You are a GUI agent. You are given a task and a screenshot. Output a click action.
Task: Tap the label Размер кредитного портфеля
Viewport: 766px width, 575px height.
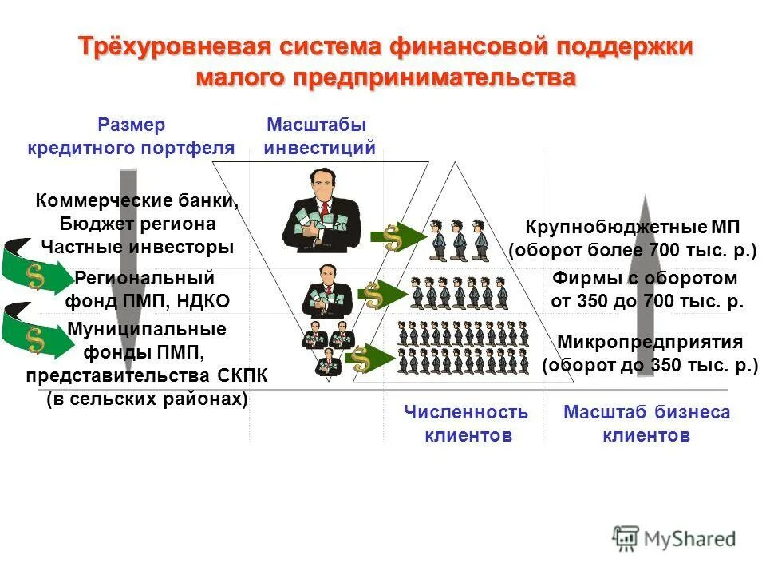coord(132,137)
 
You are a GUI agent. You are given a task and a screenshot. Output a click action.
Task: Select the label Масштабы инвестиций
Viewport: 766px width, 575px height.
coord(318,137)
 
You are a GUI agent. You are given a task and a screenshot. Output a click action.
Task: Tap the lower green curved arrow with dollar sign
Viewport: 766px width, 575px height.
coord(36,334)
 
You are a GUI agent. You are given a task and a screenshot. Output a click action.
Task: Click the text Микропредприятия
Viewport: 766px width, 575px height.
coord(650,343)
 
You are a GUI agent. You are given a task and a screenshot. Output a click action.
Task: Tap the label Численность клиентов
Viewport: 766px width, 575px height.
coord(466,424)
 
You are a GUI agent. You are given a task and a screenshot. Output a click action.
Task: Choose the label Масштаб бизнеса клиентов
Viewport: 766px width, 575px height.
coord(646,424)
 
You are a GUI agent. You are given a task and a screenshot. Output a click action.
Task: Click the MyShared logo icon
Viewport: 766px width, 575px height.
coord(626,537)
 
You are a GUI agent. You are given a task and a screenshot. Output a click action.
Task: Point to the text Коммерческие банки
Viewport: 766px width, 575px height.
coord(137,200)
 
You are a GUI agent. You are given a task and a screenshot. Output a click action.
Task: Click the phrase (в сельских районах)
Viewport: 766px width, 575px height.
coord(147,399)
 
